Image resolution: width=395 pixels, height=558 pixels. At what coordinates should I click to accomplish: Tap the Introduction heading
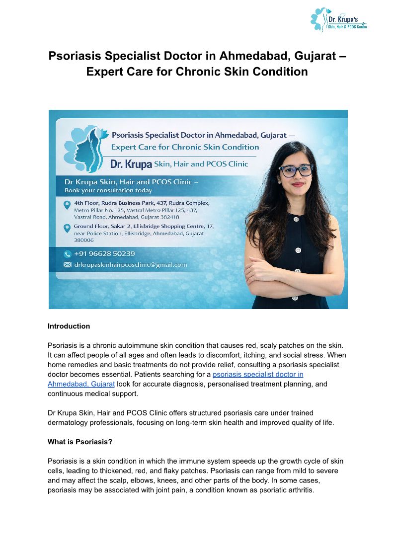point(69,326)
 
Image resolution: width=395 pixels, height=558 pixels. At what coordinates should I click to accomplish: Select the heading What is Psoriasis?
point(79,441)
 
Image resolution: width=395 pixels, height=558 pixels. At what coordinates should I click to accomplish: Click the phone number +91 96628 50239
point(104,254)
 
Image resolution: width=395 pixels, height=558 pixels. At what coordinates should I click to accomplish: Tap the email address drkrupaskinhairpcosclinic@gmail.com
point(130,265)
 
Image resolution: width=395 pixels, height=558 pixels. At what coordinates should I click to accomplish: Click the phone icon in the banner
point(68,254)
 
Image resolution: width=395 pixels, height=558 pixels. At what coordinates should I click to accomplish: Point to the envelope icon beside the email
point(68,265)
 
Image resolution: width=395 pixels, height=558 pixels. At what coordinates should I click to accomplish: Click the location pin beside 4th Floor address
point(67,205)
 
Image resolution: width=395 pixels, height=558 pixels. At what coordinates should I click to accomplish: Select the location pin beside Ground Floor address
point(67,228)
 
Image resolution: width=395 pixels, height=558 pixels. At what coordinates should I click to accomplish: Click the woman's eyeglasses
point(296,170)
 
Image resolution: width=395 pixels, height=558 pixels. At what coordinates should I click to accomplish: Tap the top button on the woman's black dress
point(297,219)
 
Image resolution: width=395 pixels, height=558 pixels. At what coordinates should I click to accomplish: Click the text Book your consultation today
point(108,190)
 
